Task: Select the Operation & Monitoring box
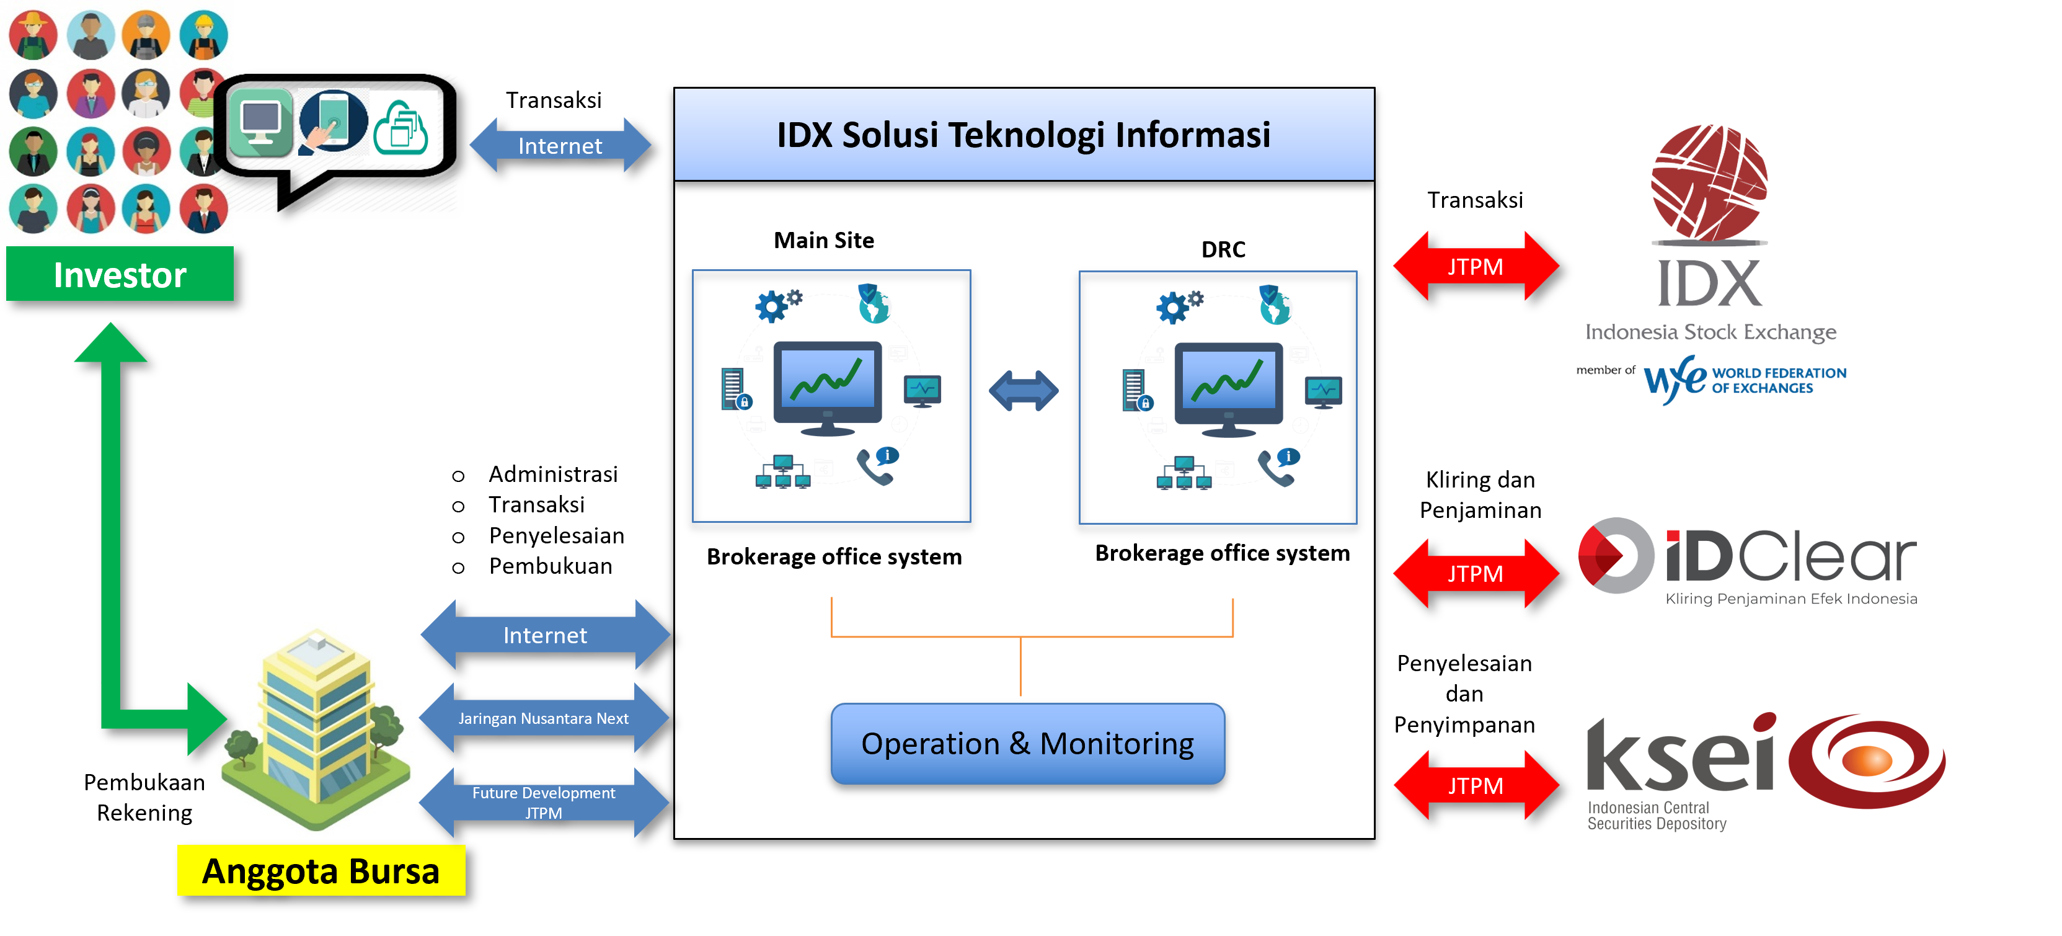[x=1027, y=743]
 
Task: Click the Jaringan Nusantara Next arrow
[x=544, y=718]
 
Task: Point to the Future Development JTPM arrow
[x=544, y=802]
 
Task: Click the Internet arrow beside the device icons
[x=560, y=146]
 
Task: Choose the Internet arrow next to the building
[x=545, y=635]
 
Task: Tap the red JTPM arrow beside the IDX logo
[x=1476, y=267]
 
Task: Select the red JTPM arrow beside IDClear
[x=1476, y=573]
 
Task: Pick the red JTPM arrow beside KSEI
[x=1476, y=785]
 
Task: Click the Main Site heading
[x=824, y=240]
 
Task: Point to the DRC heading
[x=1223, y=249]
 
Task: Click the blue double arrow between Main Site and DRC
[x=1023, y=391]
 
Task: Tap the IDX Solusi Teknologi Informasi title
[x=1023, y=135]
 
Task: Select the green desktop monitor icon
[x=260, y=124]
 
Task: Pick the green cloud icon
[x=401, y=128]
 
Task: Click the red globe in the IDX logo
[x=1709, y=182]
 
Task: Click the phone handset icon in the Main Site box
[x=874, y=468]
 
